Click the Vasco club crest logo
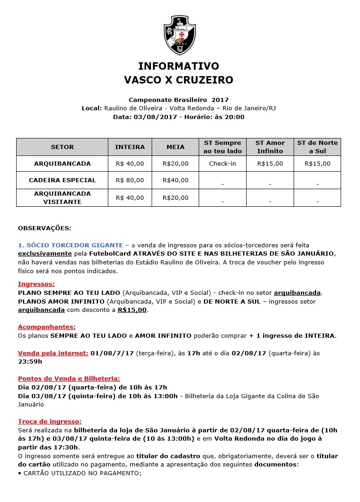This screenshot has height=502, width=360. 180,35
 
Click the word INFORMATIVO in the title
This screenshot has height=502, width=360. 178,66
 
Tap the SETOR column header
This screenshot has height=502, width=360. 62,147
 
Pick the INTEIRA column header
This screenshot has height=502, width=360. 130,147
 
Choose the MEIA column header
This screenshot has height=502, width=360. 176,147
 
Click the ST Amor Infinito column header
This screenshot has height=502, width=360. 270,147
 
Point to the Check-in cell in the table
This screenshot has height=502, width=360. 222,164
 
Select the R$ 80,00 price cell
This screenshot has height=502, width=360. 130,180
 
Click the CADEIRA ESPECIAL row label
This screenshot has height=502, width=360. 62,180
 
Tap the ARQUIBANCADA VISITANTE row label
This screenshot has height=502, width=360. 62,197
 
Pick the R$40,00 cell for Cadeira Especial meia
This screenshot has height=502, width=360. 176,180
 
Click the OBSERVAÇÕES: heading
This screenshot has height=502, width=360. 45,228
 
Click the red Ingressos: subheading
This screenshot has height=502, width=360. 36,284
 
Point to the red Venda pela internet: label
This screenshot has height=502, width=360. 53,353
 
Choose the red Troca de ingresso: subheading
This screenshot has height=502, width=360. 50,421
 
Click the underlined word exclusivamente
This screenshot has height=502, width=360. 45,254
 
